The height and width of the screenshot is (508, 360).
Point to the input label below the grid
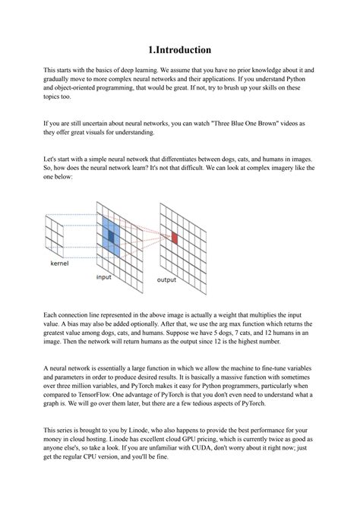[x=104, y=277]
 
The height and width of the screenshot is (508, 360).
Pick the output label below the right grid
[x=166, y=279]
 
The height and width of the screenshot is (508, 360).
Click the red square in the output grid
[x=174, y=238]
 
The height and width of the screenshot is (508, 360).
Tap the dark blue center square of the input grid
[x=110, y=237]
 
